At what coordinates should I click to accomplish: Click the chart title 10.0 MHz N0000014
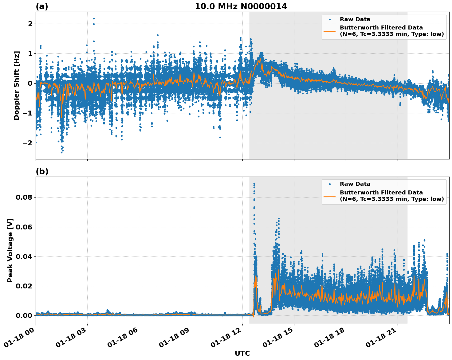(x=241, y=6)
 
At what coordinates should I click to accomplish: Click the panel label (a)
(x=42, y=6)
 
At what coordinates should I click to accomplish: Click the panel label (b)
(x=42, y=171)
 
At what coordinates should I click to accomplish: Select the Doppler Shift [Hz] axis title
(x=17, y=85)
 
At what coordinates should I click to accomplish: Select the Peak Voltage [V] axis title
(x=10, y=250)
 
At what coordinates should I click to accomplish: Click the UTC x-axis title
(x=242, y=353)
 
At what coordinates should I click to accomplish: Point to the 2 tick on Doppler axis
(x=30, y=24)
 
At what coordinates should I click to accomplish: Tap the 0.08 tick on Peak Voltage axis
(x=24, y=197)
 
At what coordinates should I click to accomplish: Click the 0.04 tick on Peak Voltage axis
(x=24, y=256)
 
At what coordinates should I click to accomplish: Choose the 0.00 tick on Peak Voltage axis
(x=24, y=316)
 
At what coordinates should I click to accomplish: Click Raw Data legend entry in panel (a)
(x=355, y=20)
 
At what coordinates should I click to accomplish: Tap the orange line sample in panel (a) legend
(x=330, y=31)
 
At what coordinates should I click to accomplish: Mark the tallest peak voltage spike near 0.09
(x=254, y=184)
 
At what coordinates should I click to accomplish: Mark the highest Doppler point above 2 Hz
(x=94, y=18)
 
